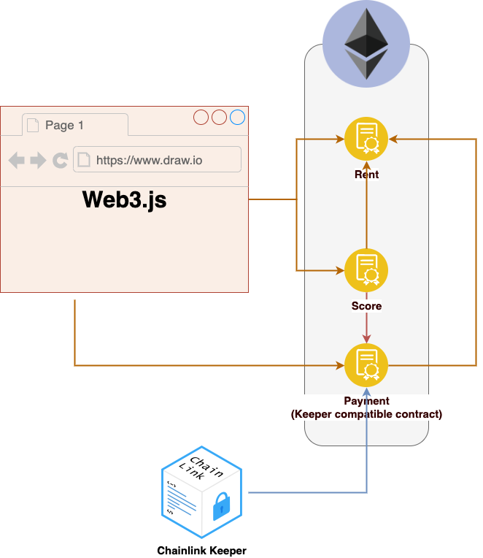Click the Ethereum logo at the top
coord(366,43)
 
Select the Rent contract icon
coord(366,139)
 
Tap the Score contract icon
coord(366,270)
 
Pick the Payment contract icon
coord(366,365)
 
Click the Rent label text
coord(366,175)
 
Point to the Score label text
coord(366,306)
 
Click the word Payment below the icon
coord(366,401)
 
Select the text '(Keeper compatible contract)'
coord(366,414)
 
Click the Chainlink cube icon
coord(202,492)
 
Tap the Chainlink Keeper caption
coord(202,551)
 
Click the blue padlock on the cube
coord(221,506)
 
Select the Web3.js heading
coord(124,199)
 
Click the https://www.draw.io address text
coord(150,161)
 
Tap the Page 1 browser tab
coord(75,125)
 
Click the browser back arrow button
coord(16,160)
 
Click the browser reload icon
coord(60,160)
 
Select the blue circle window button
coord(237,117)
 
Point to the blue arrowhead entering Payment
coord(366,391)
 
